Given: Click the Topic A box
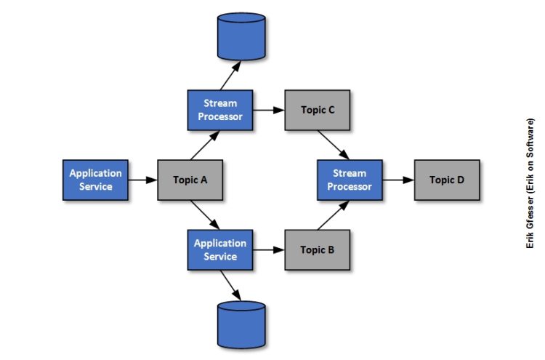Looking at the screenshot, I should pos(190,180).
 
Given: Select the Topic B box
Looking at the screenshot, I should pos(317,249).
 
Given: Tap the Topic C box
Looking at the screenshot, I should pos(317,111).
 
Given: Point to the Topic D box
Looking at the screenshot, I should pos(446,180).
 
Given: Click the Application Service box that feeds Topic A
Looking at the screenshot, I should pos(95,180).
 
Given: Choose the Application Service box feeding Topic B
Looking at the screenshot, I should pos(220,249).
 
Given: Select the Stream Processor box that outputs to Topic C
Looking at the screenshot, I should pos(220,111).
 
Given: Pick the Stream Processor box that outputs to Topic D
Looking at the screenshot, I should pos(350,180).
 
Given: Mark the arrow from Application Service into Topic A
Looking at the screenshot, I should pos(142,180).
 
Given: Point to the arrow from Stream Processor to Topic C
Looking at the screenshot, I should pos(268,111).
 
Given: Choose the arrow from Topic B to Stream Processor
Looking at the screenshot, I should pos(333,215).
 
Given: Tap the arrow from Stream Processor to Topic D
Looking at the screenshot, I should pos(398,180).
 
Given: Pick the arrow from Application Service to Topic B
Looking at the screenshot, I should pos(268,249).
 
